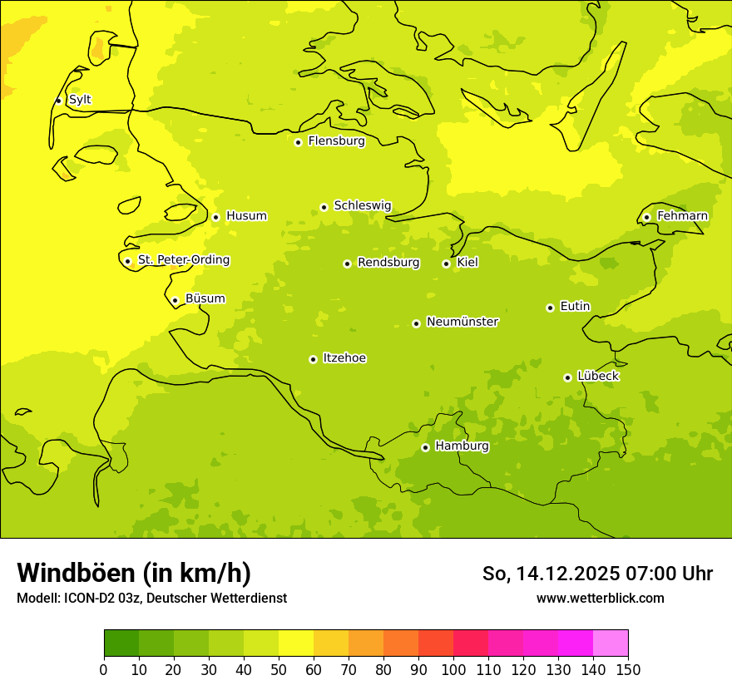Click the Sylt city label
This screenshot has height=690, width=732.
(80, 100)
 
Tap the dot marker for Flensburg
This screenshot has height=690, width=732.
(298, 142)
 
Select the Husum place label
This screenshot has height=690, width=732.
(246, 216)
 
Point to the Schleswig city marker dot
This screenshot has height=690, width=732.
(324, 207)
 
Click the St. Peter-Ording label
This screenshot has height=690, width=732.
(183, 260)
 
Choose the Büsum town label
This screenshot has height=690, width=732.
(205, 299)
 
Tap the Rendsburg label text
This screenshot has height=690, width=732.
(388, 263)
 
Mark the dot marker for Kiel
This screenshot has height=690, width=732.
(446, 264)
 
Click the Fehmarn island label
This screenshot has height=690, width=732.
(682, 216)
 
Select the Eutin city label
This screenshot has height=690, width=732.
(575, 307)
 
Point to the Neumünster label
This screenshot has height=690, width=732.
(462, 322)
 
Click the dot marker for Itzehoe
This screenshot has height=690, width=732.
(313, 359)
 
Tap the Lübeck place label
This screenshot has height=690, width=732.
(597, 377)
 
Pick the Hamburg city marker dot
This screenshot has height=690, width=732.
(425, 447)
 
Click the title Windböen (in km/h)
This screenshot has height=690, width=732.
(134, 573)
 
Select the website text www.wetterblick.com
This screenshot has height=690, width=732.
(600, 598)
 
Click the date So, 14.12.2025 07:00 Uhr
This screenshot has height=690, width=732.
(597, 574)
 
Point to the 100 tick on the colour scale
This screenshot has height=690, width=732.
(453, 669)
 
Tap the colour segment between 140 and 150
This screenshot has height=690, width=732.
(611, 643)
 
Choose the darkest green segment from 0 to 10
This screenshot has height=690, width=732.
(121, 643)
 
